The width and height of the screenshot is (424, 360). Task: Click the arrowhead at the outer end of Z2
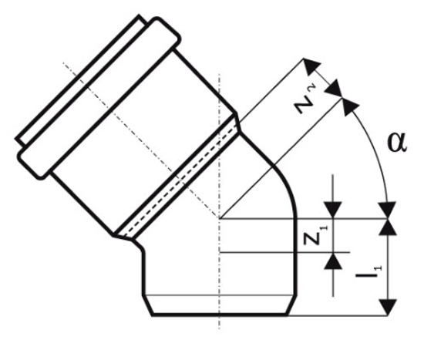(311, 66)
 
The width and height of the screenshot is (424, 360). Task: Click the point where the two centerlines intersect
(220, 218)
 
